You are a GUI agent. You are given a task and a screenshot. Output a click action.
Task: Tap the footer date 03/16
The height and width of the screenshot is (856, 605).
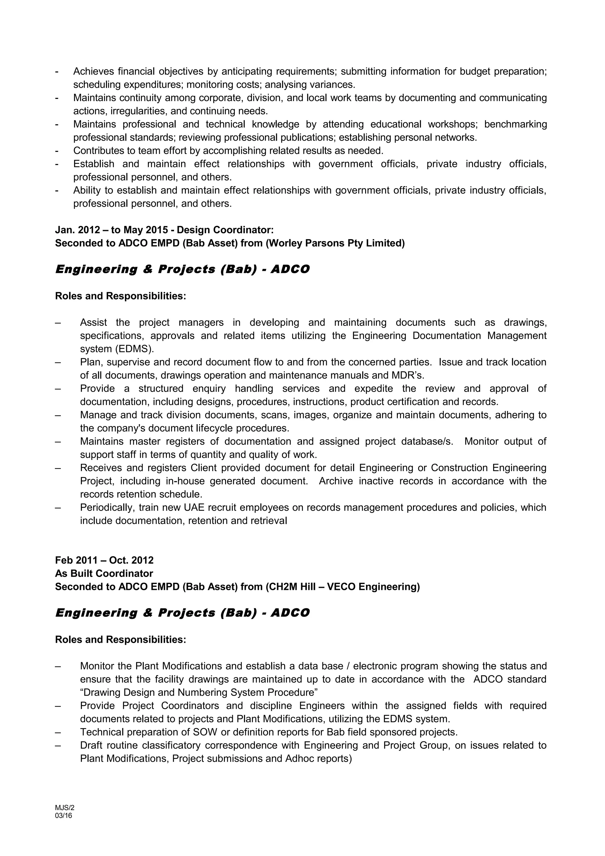click(64, 815)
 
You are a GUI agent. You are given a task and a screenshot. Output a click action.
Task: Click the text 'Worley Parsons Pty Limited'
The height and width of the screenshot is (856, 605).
click(335, 243)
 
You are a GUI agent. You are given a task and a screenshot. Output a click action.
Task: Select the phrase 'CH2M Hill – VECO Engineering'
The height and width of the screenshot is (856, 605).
click(343, 587)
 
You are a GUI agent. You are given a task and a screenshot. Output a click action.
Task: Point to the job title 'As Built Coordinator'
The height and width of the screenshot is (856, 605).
click(104, 573)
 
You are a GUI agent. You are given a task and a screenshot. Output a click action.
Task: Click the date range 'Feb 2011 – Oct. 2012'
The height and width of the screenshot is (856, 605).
click(104, 560)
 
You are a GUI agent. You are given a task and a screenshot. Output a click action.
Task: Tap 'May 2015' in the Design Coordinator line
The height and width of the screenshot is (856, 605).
click(146, 230)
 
